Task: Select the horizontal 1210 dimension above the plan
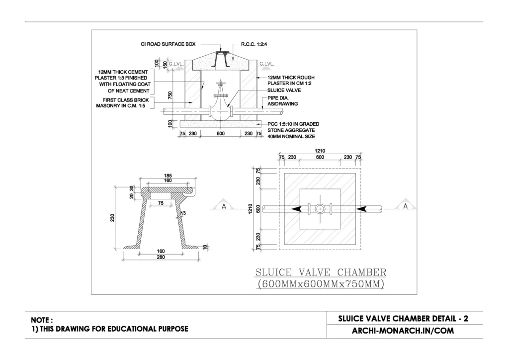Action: (320, 150)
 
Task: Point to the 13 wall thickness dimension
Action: (183, 213)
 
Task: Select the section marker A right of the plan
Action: (406, 205)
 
